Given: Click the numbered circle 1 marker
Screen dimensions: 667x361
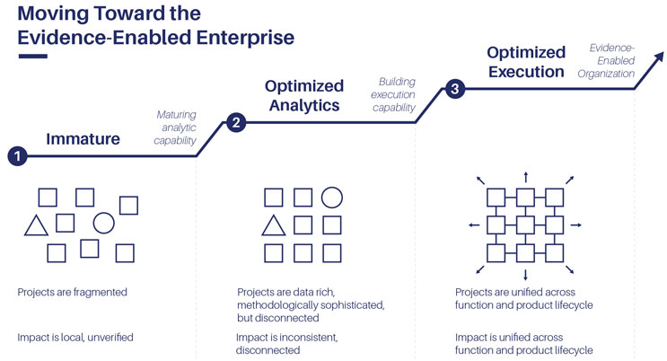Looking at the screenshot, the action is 17,156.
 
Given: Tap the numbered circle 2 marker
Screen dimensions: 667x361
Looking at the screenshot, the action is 236,123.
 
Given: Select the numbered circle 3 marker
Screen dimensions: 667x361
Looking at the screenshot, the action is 455,89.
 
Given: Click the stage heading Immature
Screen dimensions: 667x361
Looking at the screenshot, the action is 83,139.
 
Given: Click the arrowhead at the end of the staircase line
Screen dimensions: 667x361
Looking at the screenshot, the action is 659,57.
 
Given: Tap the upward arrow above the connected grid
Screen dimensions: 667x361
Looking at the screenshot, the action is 526,177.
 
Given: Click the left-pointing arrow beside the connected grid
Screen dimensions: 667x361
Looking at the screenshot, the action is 474,225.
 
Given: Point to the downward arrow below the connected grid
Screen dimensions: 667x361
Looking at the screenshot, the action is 526,275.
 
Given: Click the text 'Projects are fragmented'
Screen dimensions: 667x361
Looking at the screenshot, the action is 73,292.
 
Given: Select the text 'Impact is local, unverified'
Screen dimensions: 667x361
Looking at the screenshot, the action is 75,337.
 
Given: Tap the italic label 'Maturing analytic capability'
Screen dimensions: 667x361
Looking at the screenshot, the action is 175,128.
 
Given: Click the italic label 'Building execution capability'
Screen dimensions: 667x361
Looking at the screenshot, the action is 393,94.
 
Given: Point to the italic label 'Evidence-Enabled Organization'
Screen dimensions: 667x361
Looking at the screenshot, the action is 606,60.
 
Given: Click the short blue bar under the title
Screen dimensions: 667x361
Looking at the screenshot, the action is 32,57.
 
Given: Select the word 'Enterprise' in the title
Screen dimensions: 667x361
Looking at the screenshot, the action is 245,38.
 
